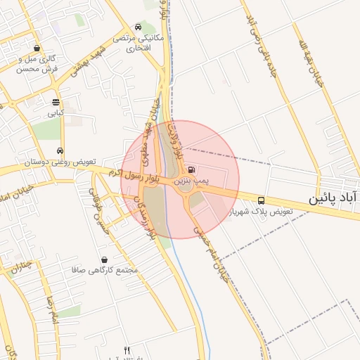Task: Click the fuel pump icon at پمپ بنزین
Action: coord(193,169)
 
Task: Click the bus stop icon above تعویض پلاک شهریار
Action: coord(262,200)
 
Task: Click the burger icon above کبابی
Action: coord(56,101)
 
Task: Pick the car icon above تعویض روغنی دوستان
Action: coord(60,150)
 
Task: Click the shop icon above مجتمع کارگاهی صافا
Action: coord(104,259)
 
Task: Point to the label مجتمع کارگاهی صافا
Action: coord(105,270)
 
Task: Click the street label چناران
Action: coord(22,265)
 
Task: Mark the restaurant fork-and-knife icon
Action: coord(127,350)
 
